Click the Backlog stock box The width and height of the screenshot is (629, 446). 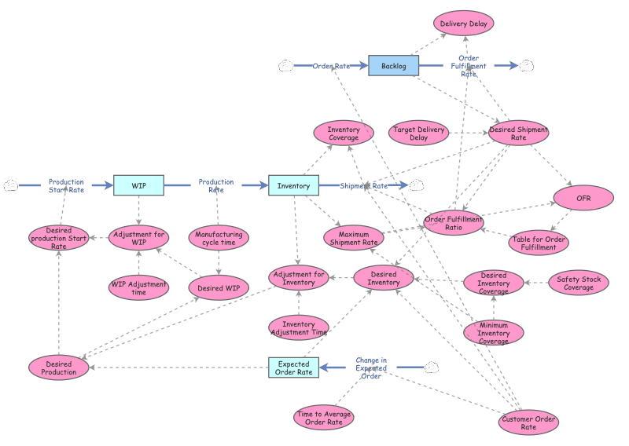394,66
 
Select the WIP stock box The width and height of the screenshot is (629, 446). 139,185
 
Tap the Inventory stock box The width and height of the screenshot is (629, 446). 293,185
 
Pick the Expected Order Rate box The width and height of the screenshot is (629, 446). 293,367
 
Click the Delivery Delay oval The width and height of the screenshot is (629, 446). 464,24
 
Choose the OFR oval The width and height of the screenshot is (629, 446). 583,198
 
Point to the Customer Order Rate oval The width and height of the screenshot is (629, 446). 528,422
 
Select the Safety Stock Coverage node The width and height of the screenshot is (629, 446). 579,283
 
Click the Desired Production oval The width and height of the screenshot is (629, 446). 58,367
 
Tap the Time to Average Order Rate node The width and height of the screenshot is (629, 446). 324,418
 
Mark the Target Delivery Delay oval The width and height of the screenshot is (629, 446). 419,133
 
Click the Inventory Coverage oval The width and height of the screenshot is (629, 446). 344,133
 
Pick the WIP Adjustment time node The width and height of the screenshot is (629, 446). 139,287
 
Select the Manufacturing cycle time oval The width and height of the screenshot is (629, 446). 219,238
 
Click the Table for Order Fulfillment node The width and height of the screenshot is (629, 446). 539,243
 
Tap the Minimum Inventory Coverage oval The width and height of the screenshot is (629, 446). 494,333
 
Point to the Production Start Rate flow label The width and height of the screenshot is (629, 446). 66,185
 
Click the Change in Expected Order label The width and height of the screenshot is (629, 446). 371,367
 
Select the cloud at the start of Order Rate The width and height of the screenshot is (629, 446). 285,66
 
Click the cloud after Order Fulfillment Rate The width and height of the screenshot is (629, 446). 526,66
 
